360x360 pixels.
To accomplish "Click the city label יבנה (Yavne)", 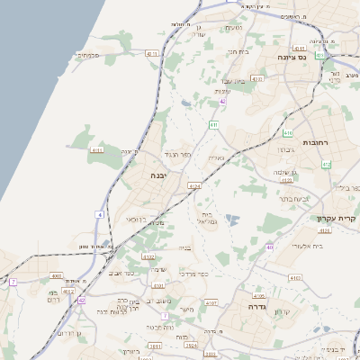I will (x=162, y=177).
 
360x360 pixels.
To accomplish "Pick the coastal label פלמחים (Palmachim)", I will (x=86, y=55).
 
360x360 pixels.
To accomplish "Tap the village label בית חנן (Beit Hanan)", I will (x=237, y=53).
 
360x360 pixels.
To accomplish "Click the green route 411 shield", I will (x=214, y=123).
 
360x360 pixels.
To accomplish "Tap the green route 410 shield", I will (x=327, y=164).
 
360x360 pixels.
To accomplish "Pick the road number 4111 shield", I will (x=97, y=150).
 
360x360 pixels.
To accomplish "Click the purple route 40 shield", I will (x=270, y=246).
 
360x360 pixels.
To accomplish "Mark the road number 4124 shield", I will (x=193, y=186).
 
